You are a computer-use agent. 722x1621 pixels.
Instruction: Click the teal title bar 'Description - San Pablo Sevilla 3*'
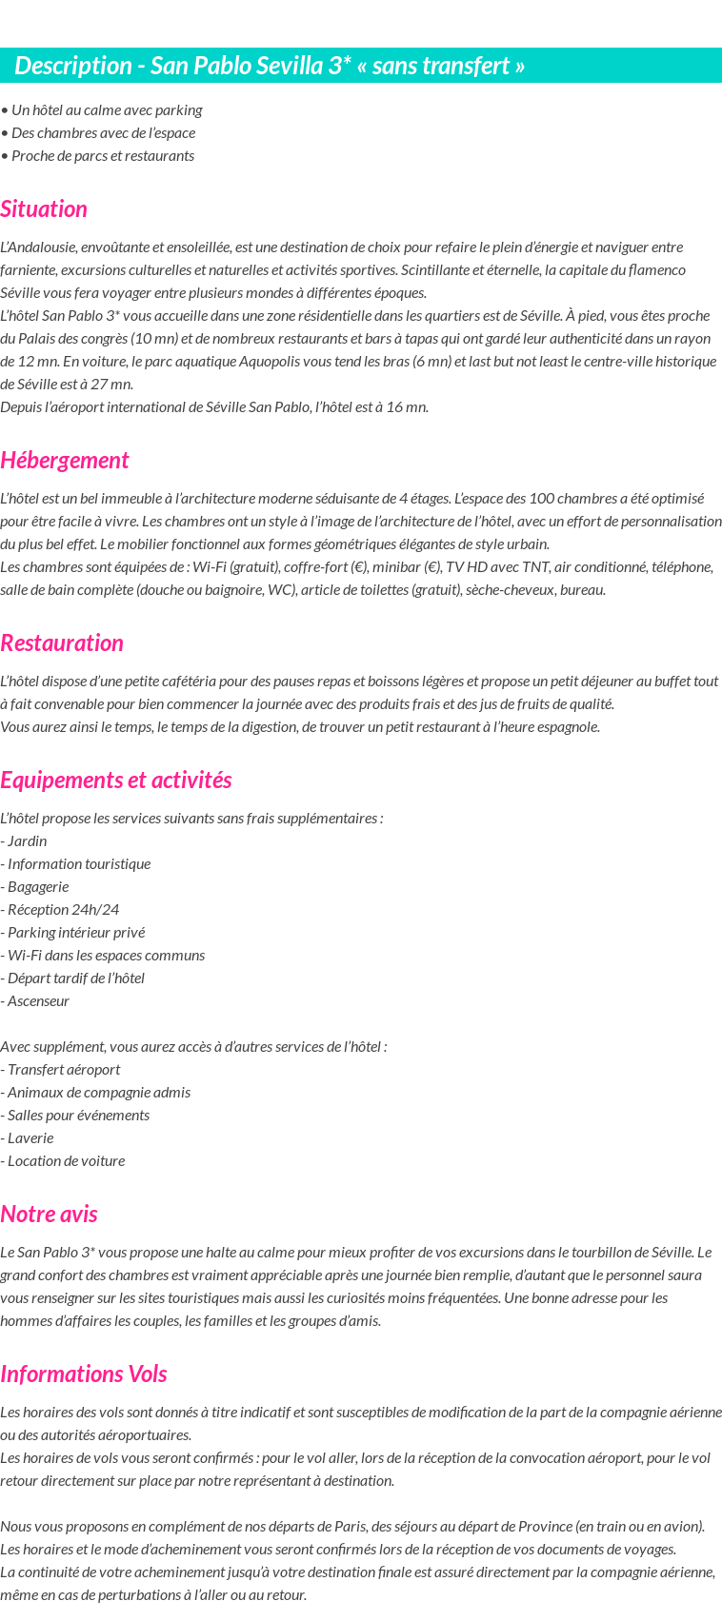270,66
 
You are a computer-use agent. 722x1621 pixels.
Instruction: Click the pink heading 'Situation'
44,209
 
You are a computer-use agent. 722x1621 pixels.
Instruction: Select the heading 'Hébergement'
64,461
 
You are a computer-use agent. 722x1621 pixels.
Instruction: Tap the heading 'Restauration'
62,643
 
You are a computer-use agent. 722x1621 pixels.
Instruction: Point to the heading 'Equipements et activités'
115,781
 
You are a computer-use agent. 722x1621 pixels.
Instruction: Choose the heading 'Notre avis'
49,1215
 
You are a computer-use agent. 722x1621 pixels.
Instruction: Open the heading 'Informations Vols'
84,1374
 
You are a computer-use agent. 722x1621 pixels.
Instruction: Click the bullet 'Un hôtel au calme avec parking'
102,110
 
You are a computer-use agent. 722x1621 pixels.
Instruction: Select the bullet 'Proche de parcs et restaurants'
98,156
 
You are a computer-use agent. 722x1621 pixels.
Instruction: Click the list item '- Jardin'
24,841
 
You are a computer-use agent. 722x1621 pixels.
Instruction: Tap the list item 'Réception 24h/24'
60,910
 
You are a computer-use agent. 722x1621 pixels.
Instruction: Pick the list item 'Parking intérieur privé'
73,933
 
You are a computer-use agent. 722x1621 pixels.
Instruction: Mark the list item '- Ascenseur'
35,1001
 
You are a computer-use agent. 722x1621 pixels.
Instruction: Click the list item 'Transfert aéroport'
61,1070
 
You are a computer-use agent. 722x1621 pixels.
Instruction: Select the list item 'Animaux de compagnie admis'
96,1093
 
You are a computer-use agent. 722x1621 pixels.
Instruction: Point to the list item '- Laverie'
28,1138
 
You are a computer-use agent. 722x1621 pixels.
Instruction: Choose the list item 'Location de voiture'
63,1161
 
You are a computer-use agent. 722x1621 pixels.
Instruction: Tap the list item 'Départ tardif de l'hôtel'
73,979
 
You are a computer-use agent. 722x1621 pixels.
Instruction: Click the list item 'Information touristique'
76,864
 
